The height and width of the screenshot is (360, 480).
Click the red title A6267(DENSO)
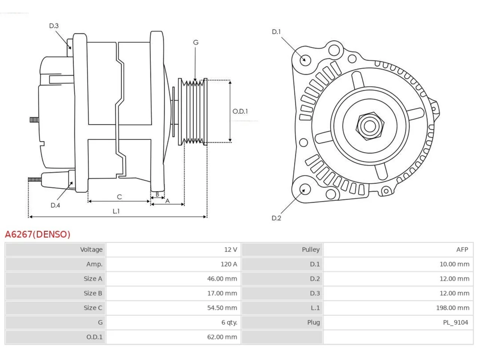[x=37, y=234]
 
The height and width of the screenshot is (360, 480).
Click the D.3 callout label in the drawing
[x=54, y=26]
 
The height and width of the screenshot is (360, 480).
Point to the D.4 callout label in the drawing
[x=55, y=205]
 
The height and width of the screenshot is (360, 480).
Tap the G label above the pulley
[x=196, y=42]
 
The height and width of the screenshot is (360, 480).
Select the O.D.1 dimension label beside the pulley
[x=240, y=111]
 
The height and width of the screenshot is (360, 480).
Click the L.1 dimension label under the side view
[x=116, y=211]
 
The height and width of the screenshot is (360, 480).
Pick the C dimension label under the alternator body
[x=119, y=197]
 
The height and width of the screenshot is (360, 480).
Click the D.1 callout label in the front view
[x=276, y=32]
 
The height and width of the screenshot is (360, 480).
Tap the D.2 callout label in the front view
[x=276, y=218]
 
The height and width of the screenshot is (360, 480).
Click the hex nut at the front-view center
[x=370, y=126]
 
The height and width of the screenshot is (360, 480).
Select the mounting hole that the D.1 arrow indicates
[x=305, y=60]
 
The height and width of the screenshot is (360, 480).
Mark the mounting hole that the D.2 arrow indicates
[x=305, y=189]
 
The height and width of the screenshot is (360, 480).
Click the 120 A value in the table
[x=229, y=264]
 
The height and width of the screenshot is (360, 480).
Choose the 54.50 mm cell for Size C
[x=222, y=308]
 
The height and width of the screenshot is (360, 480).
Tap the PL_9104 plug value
[x=456, y=322]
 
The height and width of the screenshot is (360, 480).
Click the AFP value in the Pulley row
[x=462, y=249]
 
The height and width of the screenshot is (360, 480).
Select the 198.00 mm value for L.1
[x=453, y=308]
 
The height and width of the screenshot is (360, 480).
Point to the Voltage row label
[x=91, y=249]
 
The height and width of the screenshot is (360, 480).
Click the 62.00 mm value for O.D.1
[x=222, y=337]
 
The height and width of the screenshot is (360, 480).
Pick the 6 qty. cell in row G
[x=229, y=322]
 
